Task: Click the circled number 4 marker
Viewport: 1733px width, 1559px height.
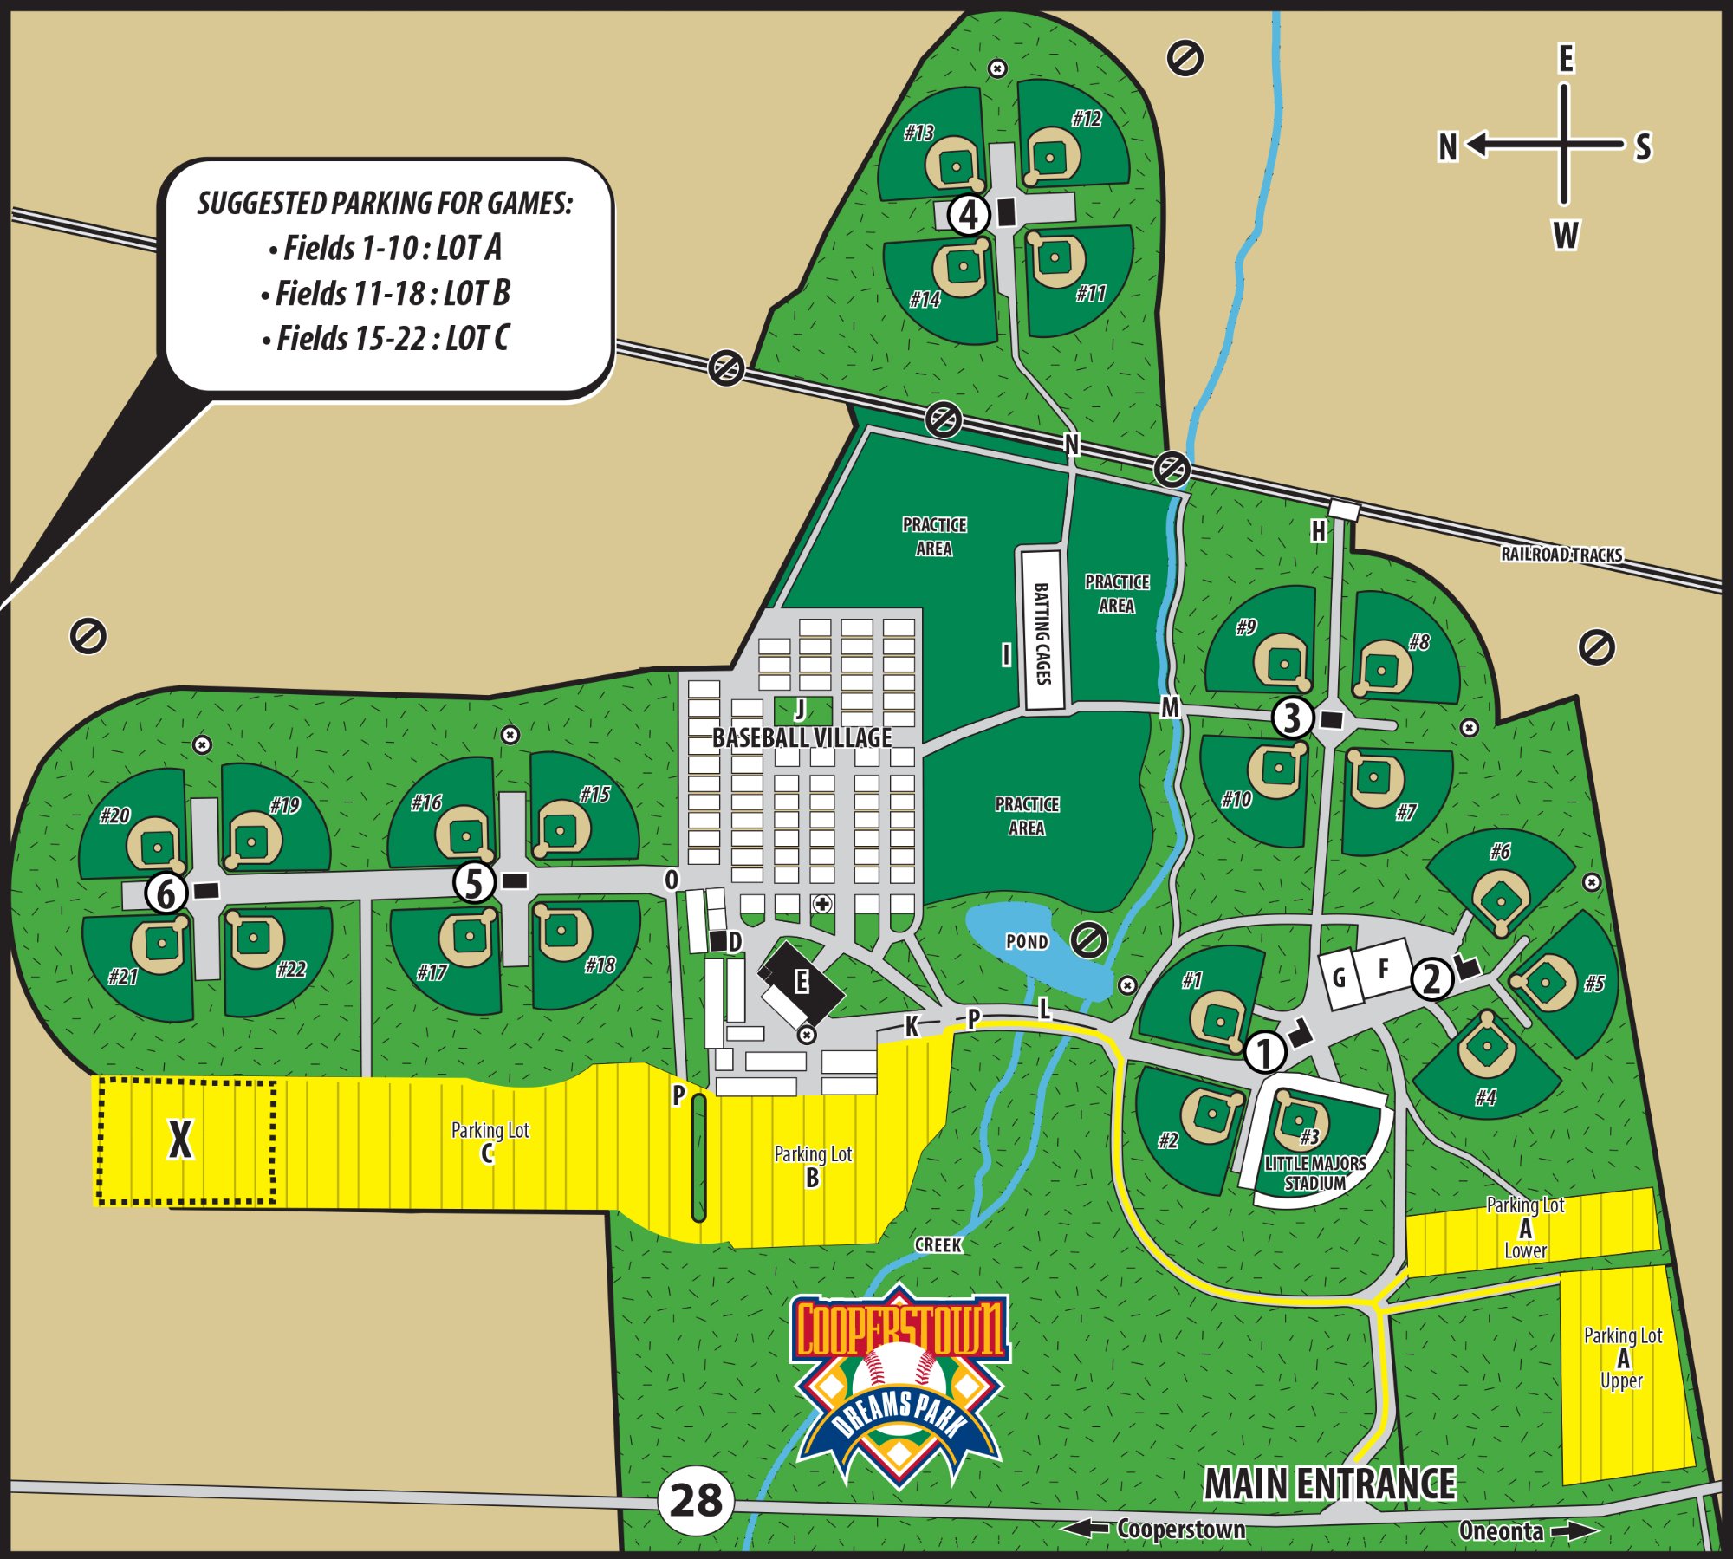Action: pos(969,214)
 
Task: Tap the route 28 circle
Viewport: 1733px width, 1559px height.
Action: pos(696,1500)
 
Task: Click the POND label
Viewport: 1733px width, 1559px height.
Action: pos(1027,941)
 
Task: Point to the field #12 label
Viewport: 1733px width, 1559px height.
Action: pos(1086,119)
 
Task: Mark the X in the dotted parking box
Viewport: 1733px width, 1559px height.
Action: pos(180,1140)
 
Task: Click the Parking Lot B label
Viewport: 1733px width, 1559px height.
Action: pos(812,1166)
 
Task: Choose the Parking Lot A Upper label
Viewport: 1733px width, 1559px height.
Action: pos(1622,1358)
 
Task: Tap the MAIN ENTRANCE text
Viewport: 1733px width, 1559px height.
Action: pos(1329,1484)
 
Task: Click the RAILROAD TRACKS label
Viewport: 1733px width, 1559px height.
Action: pos(1561,555)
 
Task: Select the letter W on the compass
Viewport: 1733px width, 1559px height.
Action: pos(1566,235)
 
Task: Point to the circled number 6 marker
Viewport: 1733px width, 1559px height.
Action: pos(166,893)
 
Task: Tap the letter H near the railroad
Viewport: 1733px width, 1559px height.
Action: pos(1318,531)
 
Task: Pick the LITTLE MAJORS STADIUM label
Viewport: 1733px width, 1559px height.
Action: pos(1314,1172)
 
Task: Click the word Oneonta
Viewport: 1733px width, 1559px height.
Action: pos(1501,1531)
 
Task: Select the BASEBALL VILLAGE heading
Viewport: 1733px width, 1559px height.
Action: pos(802,737)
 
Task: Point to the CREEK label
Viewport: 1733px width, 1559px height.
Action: pos(938,1244)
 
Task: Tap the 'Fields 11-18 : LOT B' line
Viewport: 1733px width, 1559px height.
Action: pos(386,294)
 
